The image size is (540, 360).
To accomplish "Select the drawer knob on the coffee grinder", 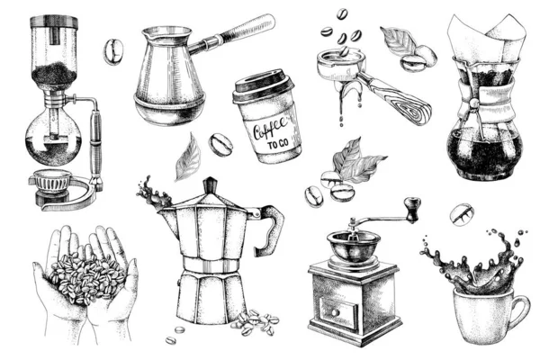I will coord(327,312).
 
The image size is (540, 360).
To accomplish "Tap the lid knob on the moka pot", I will coord(210,184).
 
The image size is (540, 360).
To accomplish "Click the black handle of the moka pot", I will coord(268,229).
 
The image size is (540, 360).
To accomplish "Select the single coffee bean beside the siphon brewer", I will coord(113,52).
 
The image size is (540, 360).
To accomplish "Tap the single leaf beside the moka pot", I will coord(187,158).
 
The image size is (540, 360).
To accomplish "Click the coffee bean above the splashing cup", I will coord(463,215).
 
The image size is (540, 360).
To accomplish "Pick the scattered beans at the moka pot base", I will coord(255,321).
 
